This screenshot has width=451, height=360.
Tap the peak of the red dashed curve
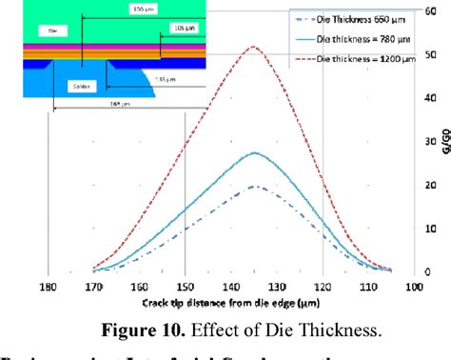click(252, 47)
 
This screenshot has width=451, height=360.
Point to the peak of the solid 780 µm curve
click(253, 152)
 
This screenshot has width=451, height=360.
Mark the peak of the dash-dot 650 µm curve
click(253, 186)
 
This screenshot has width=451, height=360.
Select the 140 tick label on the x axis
click(231, 285)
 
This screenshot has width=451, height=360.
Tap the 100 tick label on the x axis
click(416, 285)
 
